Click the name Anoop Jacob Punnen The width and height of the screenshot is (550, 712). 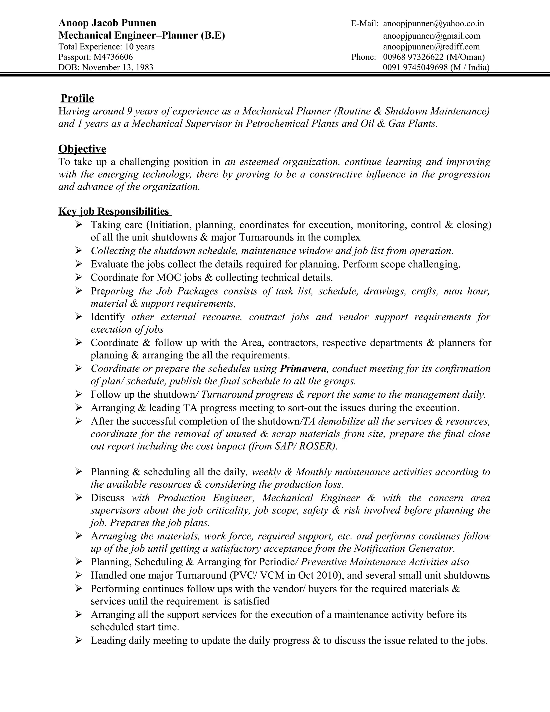(107, 23)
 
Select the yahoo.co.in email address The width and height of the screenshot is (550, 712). (433, 23)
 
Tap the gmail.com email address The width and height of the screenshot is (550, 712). (431, 35)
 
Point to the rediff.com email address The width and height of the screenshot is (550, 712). (431, 47)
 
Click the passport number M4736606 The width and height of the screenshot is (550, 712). (113, 57)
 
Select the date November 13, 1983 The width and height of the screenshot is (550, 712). (118, 67)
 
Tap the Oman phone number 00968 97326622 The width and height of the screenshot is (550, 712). (413, 57)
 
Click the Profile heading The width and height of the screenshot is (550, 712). (77, 98)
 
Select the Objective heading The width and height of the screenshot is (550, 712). (82, 149)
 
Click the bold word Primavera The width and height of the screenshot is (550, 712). (303, 368)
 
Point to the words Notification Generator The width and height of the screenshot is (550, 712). (403, 548)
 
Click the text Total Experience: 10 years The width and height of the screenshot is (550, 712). (107, 47)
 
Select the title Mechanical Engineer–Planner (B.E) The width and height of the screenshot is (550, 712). (142, 35)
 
